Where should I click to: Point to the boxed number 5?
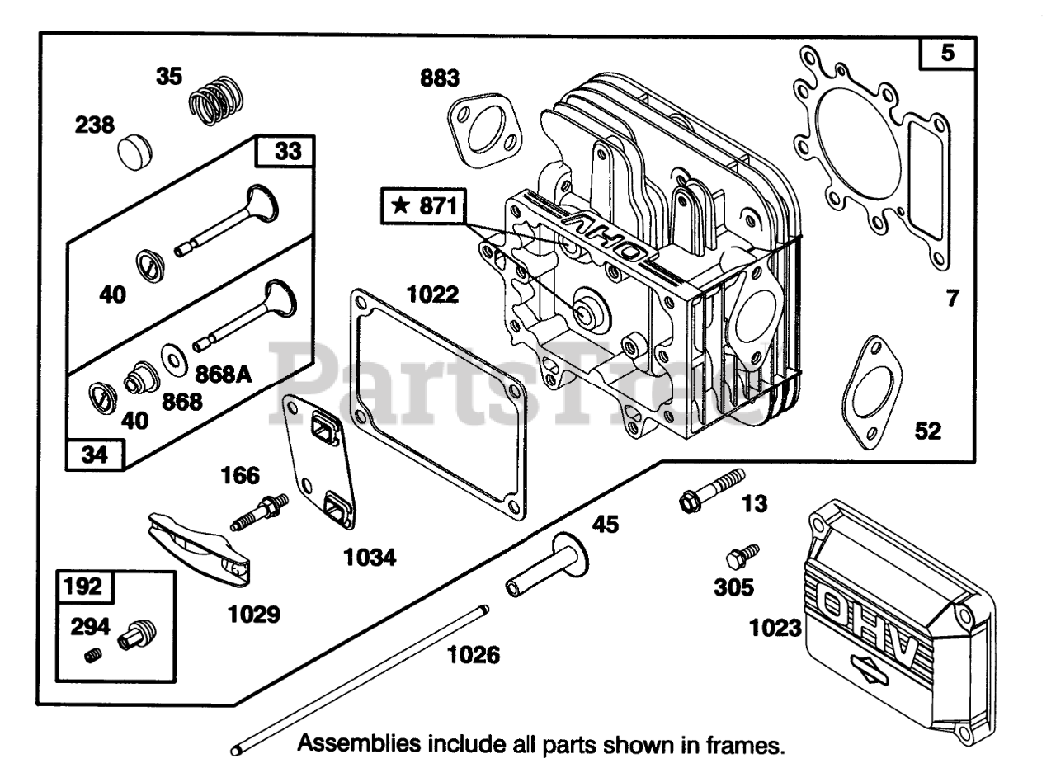(x=948, y=54)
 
